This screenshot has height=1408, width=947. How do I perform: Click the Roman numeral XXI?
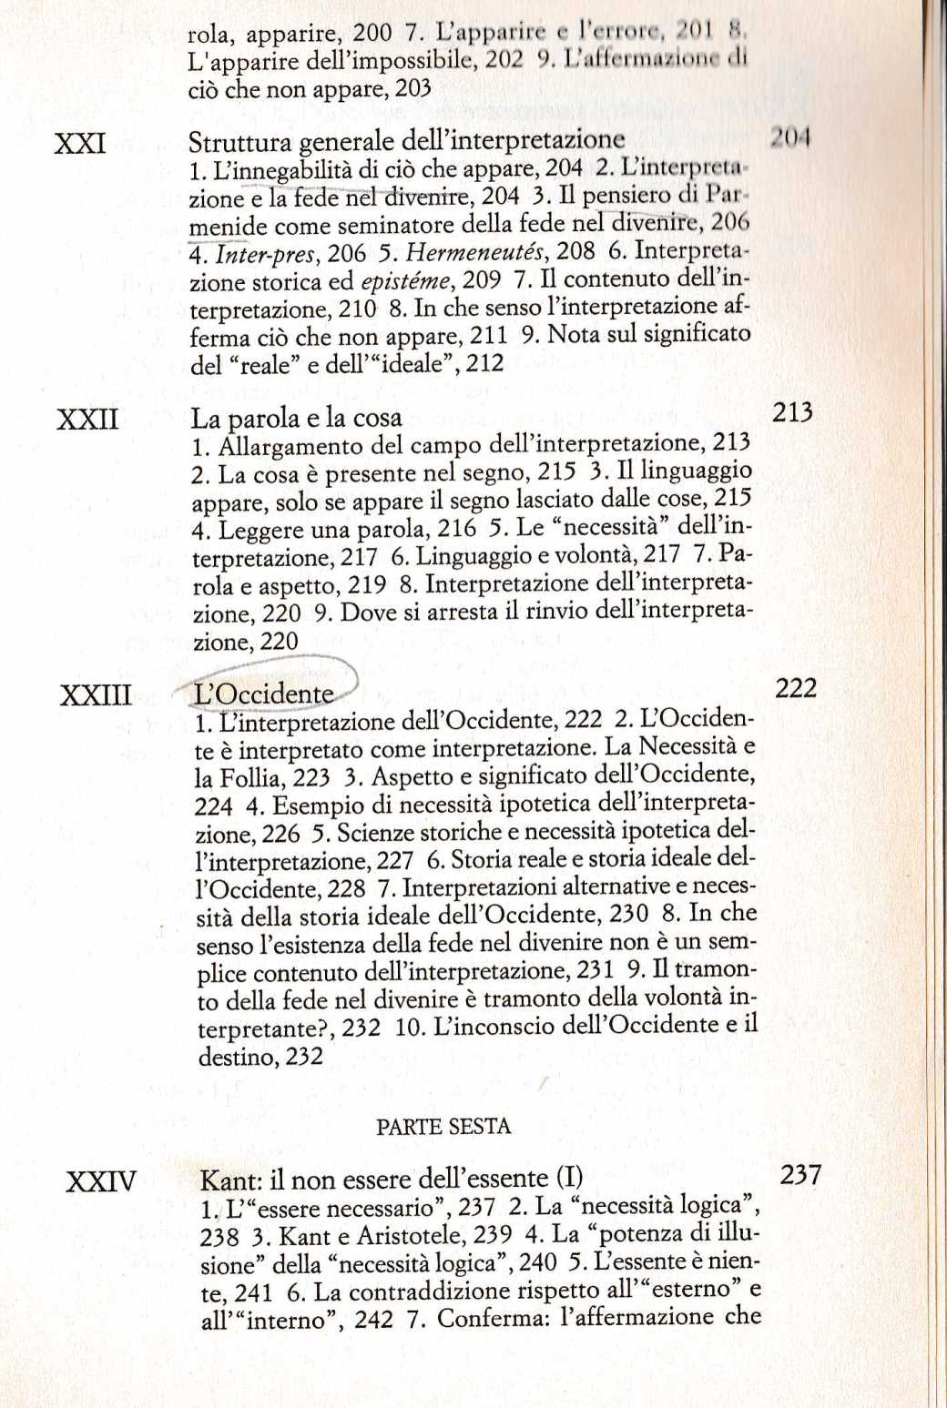click(80, 144)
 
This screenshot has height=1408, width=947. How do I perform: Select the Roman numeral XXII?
click(87, 420)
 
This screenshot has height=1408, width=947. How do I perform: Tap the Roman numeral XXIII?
click(96, 696)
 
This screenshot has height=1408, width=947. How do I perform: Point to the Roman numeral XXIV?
click(101, 1182)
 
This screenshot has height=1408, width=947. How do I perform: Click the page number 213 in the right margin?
click(792, 412)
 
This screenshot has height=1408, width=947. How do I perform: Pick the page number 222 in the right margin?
click(796, 688)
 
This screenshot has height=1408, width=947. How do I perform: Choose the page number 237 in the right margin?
click(801, 1175)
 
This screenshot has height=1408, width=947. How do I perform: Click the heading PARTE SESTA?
click(443, 1127)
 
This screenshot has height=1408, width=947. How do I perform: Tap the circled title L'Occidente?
click(265, 694)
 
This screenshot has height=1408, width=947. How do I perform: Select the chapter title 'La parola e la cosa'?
click(296, 418)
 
